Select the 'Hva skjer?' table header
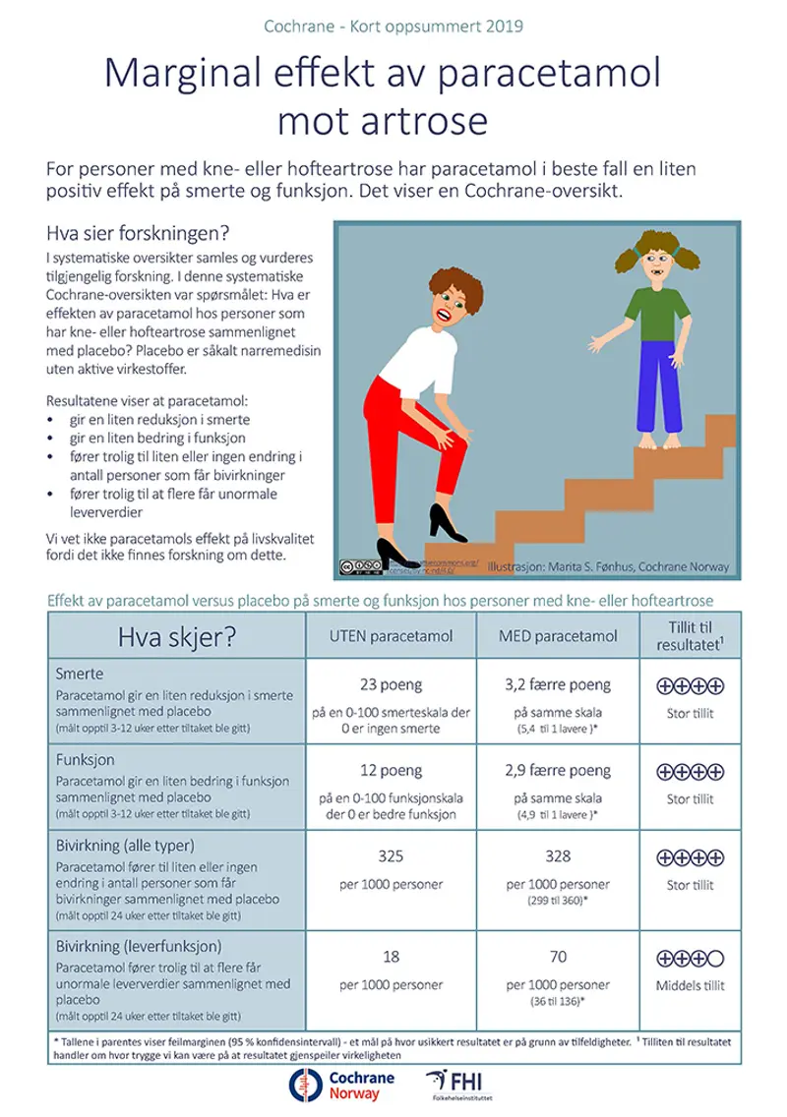pos(176,637)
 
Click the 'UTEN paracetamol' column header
pos(392,636)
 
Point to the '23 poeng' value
pos(392,685)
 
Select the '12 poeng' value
pos(392,771)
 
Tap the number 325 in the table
pos(392,855)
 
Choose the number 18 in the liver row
pos(392,956)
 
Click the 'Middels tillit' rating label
pos(690,985)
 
